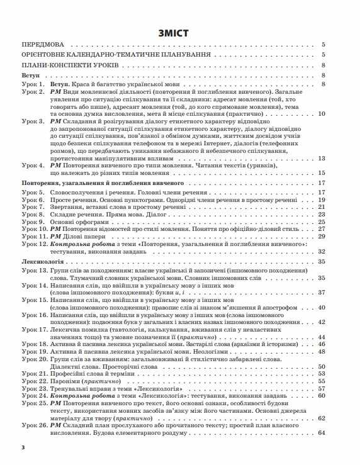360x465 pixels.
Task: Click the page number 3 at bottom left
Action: pyautogui.click(x=23, y=447)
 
